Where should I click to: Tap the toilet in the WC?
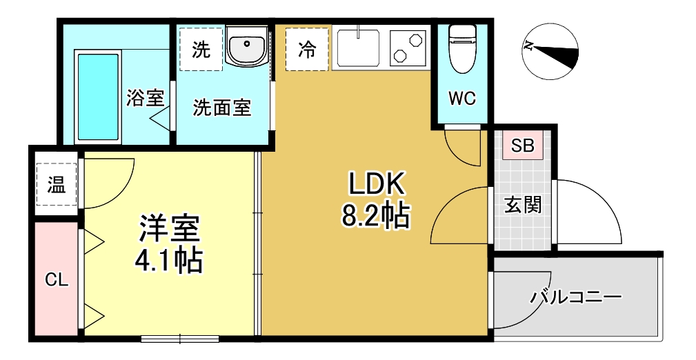tap(462, 48)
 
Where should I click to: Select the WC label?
tap(462, 99)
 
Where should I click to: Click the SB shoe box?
tap(522, 146)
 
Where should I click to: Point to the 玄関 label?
tap(522, 205)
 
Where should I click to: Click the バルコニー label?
tap(576, 299)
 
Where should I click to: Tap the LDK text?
tap(375, 184)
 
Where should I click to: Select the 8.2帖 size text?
tap(375, 216)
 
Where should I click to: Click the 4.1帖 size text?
tap(168, 260)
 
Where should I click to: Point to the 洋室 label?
tap(168, 228)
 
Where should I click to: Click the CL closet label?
tap(57, 280)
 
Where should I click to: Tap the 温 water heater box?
tap(56, 185)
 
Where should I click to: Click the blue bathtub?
tap(99, 97)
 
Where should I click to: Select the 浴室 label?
tap(146, 98)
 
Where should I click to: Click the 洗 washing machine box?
tap(201, 49)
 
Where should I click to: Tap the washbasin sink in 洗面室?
tap(246, 48)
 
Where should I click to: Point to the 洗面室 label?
tap(221, 108)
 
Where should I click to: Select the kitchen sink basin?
tap(358, 48)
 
